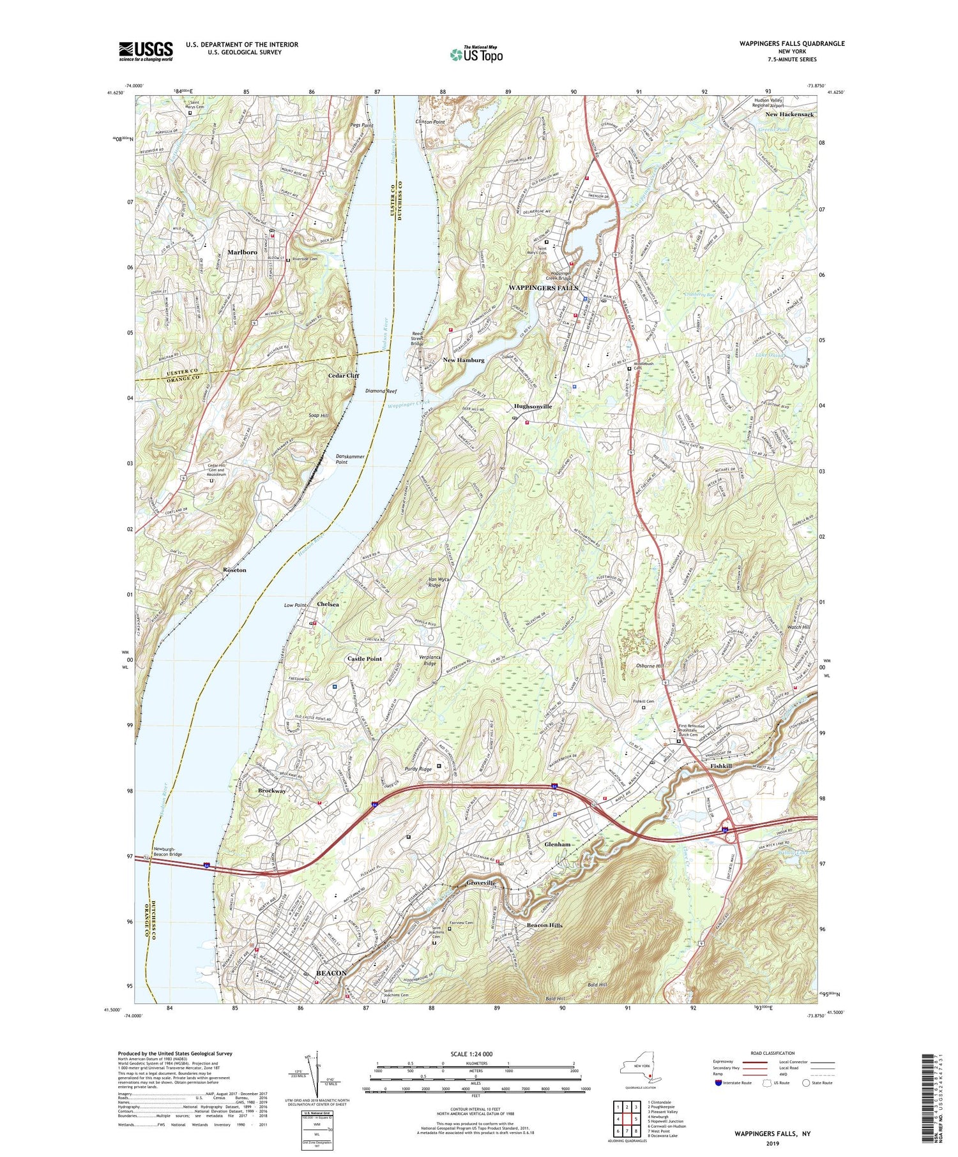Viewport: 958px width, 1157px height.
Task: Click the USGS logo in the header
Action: [146, 51]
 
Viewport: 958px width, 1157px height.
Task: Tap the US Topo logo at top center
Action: [476, 54]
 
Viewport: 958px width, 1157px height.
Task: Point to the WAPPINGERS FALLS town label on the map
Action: [543, 288]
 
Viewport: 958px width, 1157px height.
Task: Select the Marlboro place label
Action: [242, 252]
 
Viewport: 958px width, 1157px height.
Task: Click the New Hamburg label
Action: [464, 360]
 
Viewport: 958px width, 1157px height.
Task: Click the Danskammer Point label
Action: [350, 459]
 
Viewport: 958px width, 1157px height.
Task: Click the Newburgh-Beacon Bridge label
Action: [168, 851]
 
